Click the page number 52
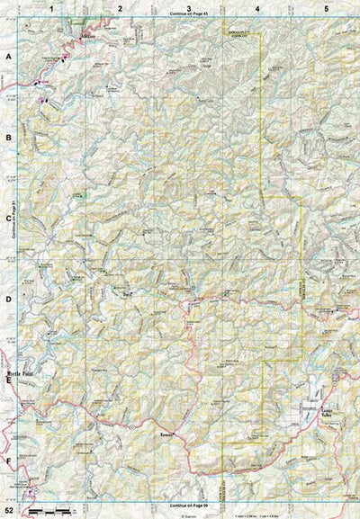tap(8, 510)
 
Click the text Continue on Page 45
tap(187, 15)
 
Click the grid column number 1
tap(52, 7)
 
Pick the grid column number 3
tap(188, 7)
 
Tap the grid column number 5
tap(326, 7)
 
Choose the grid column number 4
tap(257, 7)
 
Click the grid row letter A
tap(8, 56)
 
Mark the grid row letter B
tap(8, 138)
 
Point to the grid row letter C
tap(8, 219)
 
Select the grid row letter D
tap(8, 300)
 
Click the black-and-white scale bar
tap(50, 510)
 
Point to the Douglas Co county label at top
tap(240, 33)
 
